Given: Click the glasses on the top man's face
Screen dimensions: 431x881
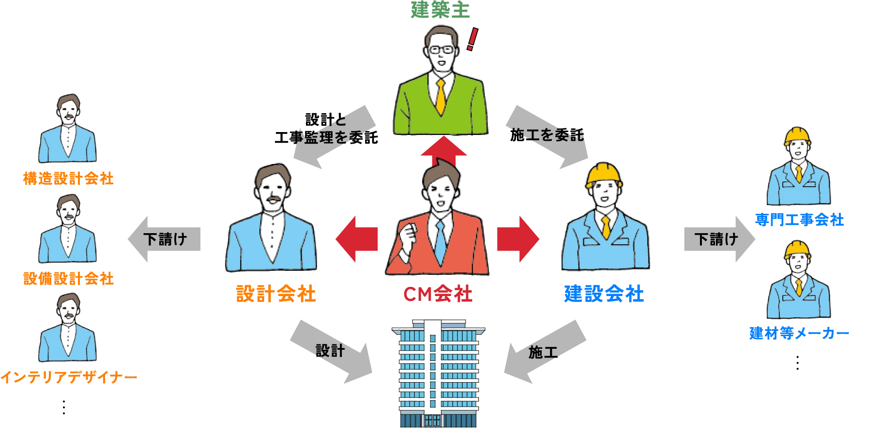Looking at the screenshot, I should pyautogui.click(x=441, y=49).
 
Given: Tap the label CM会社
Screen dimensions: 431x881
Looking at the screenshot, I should pyautogui.click(x=438, y=294).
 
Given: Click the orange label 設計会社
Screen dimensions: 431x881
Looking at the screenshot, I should pyautogui.click(x=275, y=294).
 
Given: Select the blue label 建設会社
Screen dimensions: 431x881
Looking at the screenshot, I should pyautogui.click(x=604, y=294).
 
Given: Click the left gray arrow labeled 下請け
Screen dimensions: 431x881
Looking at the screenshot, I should pyautogui.click(x=163, y=238).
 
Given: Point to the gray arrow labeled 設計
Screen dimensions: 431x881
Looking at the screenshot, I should pyautogui.click(x=331, y=351).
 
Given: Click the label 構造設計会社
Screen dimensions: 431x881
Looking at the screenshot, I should pyautogui.click(x=69, y=179).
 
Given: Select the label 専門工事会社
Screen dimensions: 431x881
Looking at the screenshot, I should pyautogui.click(x=799, y=220).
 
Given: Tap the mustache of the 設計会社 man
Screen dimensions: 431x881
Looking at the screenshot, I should pyautogui.click(x=274, y=199).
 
